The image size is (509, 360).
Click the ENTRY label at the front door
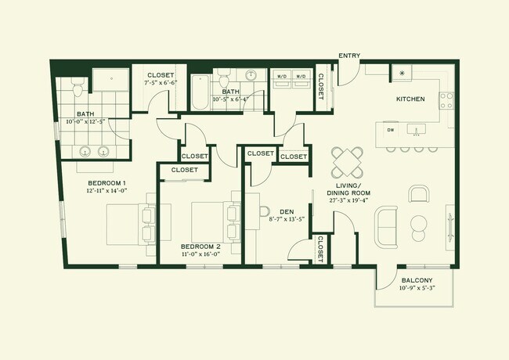point(348,56)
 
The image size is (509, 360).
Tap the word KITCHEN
point(410,99)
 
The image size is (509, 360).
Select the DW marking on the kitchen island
point(390,130)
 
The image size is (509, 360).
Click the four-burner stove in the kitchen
point(446,100)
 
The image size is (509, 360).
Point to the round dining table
point(347,163)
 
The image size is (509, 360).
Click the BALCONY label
point(417,280)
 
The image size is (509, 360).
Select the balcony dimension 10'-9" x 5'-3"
point(417,289)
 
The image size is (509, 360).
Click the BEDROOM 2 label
point(197,247)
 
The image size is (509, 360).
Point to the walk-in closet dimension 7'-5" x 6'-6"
point(160,82)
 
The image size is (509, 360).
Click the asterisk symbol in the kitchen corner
point(403,74)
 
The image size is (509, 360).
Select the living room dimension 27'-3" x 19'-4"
point(349,200)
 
